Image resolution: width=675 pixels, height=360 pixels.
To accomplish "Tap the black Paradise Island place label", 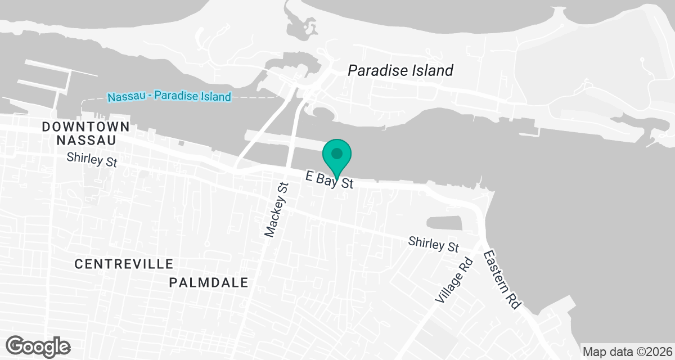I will pyautogui.click(x=400, y=70).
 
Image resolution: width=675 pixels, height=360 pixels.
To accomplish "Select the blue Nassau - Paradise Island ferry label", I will pyautogui.click(x=169, y=97).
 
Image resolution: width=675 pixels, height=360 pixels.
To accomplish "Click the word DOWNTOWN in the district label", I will pyautogui.click(x=85, y=127).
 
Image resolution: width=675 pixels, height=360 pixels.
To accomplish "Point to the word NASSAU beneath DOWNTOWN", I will pyautogui.click(x=85, y=140).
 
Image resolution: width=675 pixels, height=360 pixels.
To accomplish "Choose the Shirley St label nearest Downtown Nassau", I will pyautogui.click(x=92, y=160).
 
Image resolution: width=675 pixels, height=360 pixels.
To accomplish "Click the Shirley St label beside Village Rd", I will pyautogui.click(x=434, y=245).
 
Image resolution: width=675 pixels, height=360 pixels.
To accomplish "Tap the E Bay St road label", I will pyautogui.click(x=329, y=179).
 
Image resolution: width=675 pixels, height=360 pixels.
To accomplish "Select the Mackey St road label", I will pyautogui.click(x=276, y=209).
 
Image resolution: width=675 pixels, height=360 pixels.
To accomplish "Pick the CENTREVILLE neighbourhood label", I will pyautogui.click(x=124, y=264).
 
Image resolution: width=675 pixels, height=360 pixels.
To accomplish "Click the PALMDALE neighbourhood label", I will pyautogui.click(x=209, y=282).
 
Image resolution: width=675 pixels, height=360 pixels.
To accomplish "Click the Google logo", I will pyautogui.click(x=38, y=345).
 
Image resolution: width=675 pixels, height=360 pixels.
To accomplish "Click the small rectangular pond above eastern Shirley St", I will pyautogui.click(x=444, y=224).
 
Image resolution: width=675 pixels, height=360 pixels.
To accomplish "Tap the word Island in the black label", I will pyautogui.click(x=430, y=70).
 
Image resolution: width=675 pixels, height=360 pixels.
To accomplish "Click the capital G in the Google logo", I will pyautogui.click(x=16, y=345).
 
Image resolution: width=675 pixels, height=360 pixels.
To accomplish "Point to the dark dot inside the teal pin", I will pyautogui.click(x=337, y=152).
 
